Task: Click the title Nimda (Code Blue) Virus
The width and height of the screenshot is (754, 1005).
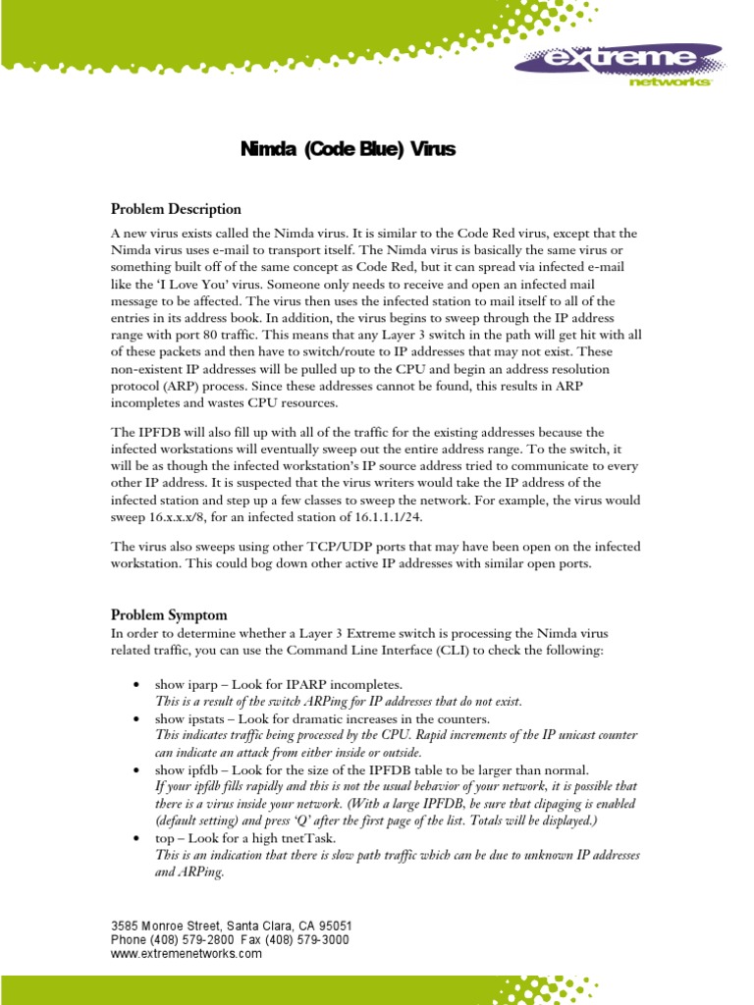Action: pos(349,150)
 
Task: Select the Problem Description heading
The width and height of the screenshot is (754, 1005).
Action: pos(176,209)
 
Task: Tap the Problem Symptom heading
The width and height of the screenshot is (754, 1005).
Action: pos(169,615)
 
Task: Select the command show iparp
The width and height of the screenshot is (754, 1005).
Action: pos(188,683)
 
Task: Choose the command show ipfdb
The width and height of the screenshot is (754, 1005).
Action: pos(188,770)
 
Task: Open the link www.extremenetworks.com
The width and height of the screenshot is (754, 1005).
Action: pos(187,953)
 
